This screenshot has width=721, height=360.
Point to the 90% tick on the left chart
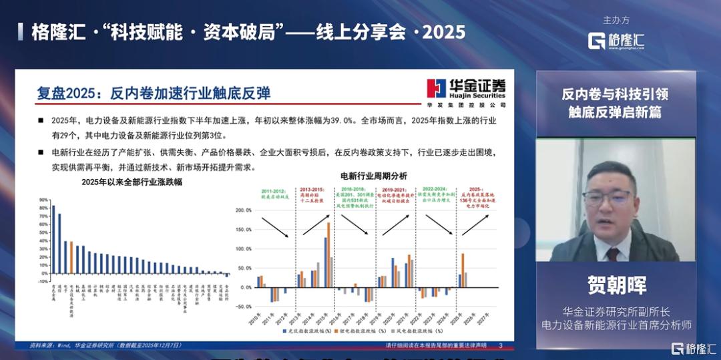coord(43,199)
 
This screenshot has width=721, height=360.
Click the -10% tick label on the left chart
coord(43,282)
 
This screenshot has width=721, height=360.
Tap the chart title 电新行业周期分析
coord(373,176)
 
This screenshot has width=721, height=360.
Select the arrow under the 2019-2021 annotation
coord(394,224)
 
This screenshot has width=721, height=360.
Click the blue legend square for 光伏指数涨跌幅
coord(284,330)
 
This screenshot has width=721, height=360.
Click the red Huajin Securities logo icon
coord(437,88)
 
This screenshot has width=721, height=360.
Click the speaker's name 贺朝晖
coord(616,286)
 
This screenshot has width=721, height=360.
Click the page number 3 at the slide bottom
coord(501,345)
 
